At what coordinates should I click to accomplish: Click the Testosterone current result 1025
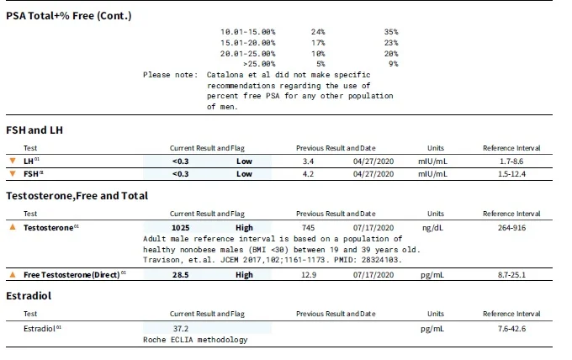tap(181, 228)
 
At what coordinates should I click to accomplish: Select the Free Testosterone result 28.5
tap(181, 275)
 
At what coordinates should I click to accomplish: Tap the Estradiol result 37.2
tap(181, 329)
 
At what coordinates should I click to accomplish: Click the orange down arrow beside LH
tap(13, 161)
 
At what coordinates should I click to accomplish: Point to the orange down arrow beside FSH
tap(13, 173)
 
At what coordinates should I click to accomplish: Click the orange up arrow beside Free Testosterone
tap(13, 274)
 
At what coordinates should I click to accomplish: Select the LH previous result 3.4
tap(308, 161)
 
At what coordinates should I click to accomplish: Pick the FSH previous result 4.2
tap(308, 174)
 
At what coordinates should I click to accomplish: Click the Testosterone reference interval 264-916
tap(511, 228)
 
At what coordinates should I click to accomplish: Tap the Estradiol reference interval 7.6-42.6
tap(511, 329)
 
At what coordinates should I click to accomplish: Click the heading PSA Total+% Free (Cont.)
tap(69, 16)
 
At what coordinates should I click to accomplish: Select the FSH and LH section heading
tap(34, 130)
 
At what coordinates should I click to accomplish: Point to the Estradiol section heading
tap(29, 296)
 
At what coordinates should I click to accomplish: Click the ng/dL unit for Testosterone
tap(432, 228)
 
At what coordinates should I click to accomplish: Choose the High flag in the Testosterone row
tap(244, 228)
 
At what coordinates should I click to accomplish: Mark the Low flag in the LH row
tap(244, 161)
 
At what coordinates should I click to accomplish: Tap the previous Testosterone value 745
tap(308, 228)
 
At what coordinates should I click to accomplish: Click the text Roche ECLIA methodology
tap(195, 340)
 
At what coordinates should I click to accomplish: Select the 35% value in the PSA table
tap(391, 32)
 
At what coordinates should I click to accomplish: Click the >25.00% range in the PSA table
tap(259, 64)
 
